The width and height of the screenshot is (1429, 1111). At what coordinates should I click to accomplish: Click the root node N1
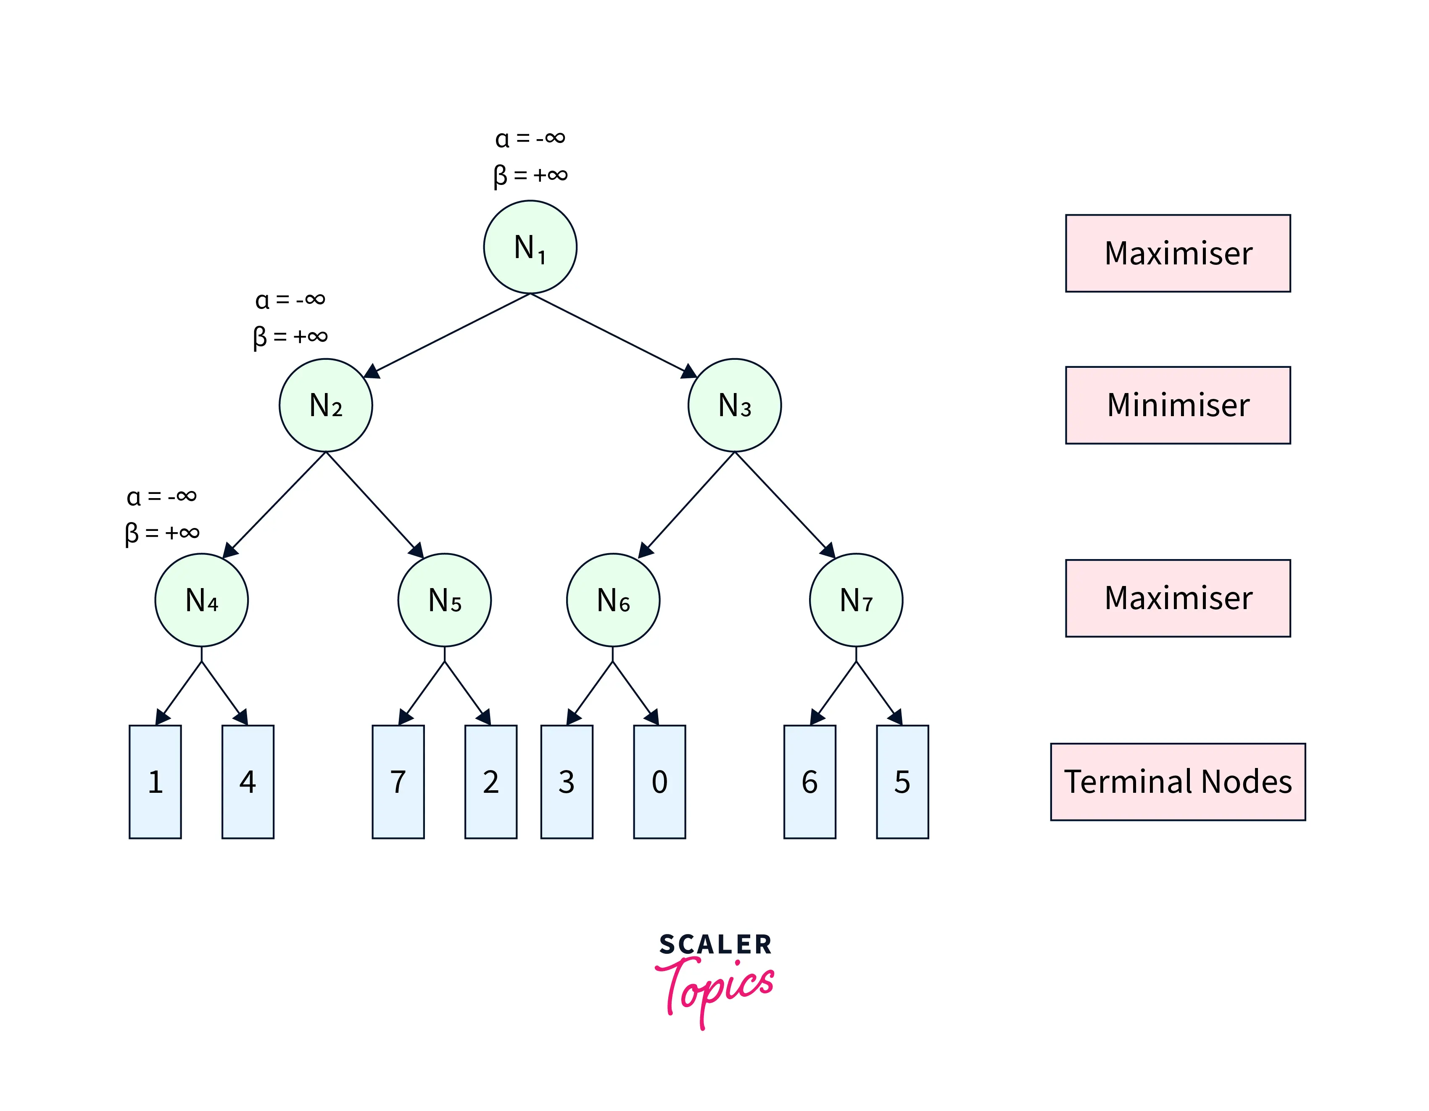click(x=530, y=247)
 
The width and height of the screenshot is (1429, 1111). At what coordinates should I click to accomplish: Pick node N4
click(x=201, y=600)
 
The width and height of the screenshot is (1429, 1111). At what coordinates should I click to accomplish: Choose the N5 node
click(x=444, y=600)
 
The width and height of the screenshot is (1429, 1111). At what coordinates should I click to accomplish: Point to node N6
click(x=613, y=600)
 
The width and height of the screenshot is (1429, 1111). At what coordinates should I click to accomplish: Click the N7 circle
click(x=856, y=600)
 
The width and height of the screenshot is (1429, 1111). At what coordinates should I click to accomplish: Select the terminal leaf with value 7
click(x=398, y=781)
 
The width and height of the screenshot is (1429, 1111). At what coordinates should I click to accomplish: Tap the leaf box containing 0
click(x=659, y=781)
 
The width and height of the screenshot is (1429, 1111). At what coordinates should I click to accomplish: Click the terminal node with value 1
click(x=155, y=781)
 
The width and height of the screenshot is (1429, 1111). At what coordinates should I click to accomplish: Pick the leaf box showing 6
click(x=809, y=781)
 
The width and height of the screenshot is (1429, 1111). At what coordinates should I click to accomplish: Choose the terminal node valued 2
click(x=491, y=781)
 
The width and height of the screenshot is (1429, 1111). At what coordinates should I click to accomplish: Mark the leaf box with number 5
click(x=902, y=781)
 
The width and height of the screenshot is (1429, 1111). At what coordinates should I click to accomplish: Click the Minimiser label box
click(x=1178, y=405)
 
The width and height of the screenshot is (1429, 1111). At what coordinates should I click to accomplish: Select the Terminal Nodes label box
click(x=1178, y=781)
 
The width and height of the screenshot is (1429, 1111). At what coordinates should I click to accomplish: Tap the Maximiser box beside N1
click(x=1178, y=253)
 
